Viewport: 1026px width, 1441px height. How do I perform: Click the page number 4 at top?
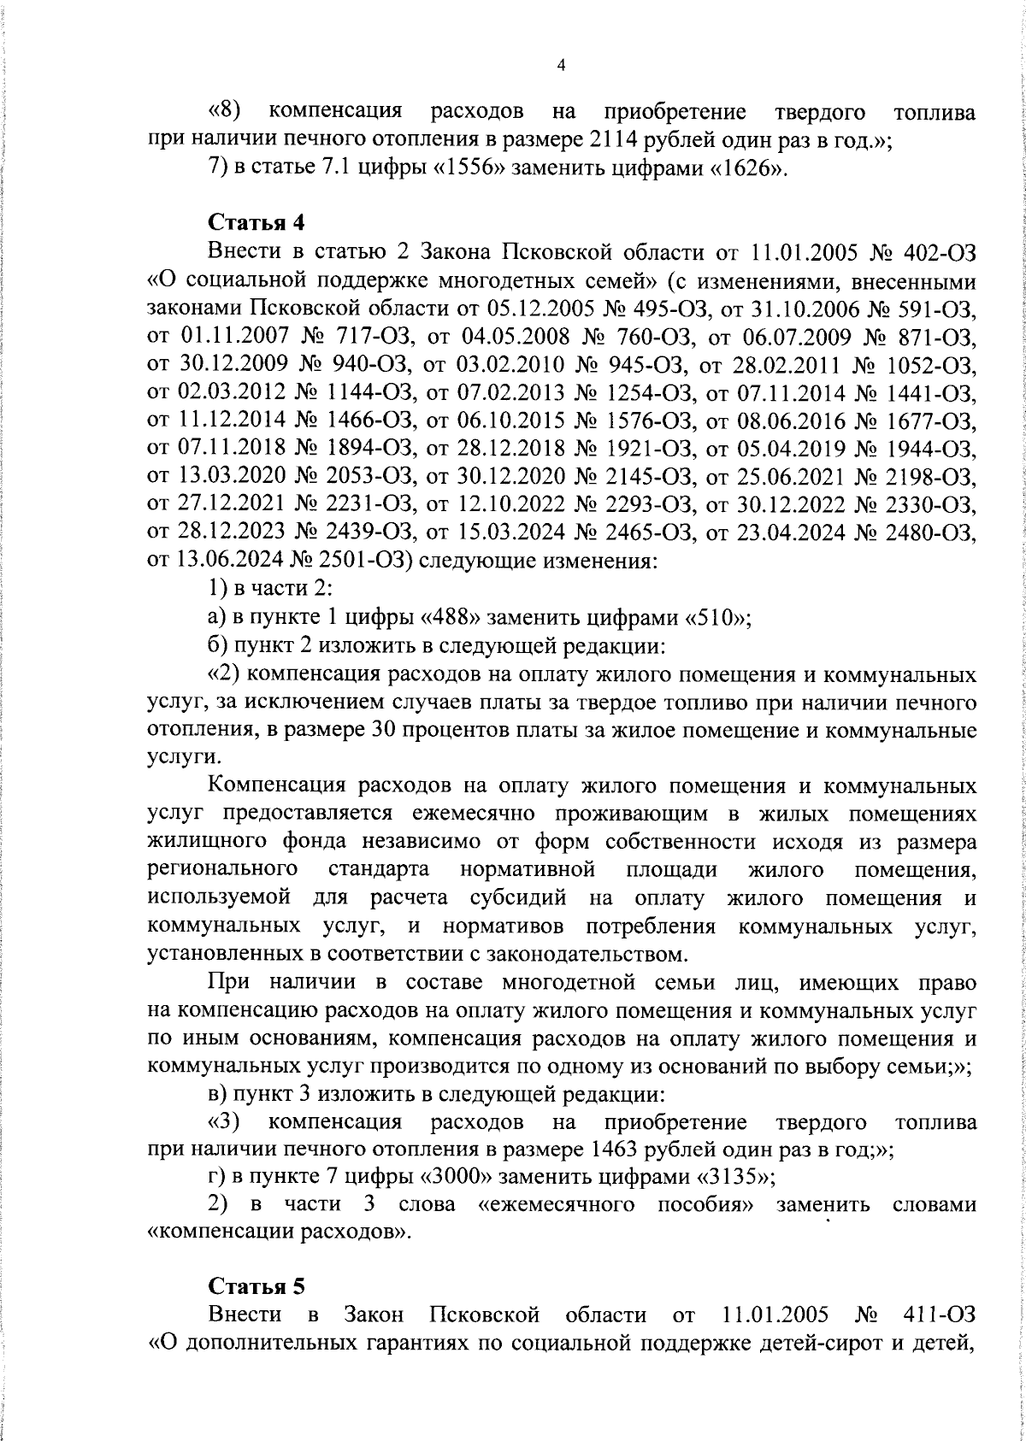561,66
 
